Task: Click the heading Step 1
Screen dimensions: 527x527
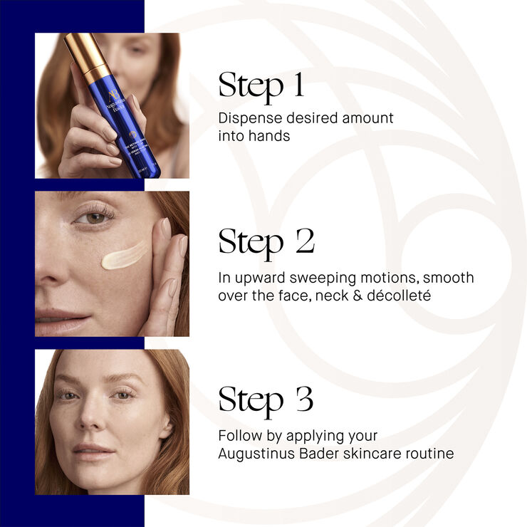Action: [x=261, y=85]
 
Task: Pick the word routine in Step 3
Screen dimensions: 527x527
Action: [x=427, y=453]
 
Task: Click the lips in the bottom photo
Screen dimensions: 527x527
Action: [x=93, y=450]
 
